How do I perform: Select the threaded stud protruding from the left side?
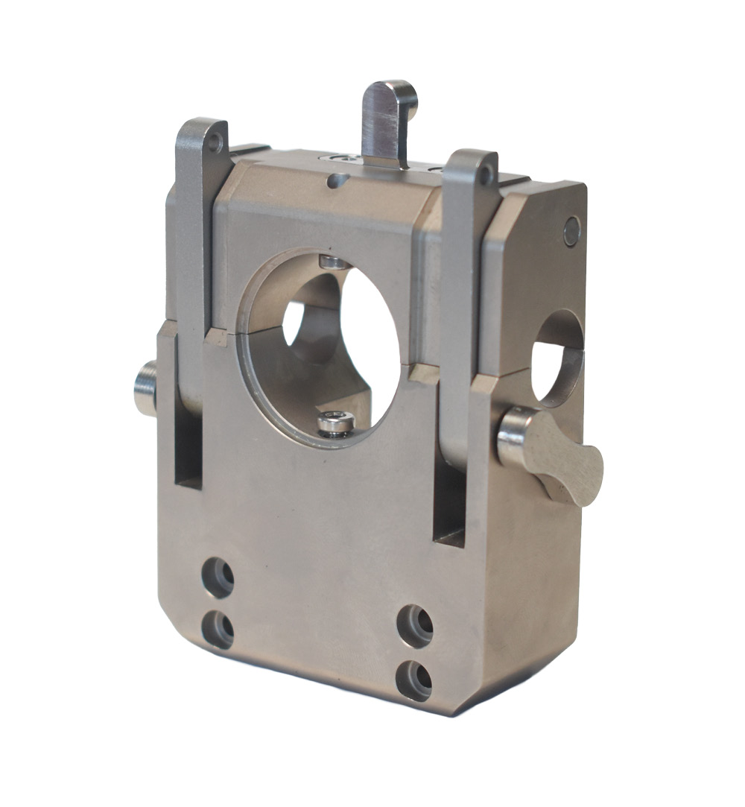145,387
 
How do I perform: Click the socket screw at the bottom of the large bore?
335,424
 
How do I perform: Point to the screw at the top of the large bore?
332,261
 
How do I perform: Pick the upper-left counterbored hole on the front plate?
218,577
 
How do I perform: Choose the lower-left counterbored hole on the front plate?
218,630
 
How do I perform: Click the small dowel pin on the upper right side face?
571,231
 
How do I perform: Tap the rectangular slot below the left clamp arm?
188,448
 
